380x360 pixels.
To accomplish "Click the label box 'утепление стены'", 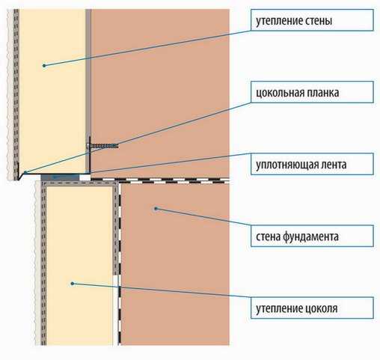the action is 312,20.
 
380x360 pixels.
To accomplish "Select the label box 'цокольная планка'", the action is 312,92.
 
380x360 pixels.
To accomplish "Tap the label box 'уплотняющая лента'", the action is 312,164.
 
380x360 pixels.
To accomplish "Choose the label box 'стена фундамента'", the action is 312,236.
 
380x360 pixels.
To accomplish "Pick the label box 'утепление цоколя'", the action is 312,308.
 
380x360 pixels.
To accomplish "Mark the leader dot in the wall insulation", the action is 44,66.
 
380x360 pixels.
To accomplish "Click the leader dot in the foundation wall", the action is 156,209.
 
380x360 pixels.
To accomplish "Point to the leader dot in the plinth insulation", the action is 73,284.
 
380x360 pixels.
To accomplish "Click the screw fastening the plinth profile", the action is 102,146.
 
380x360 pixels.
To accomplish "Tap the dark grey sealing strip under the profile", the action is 60,177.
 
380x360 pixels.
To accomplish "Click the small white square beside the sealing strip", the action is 85,177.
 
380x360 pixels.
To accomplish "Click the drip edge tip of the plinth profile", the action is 19,179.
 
